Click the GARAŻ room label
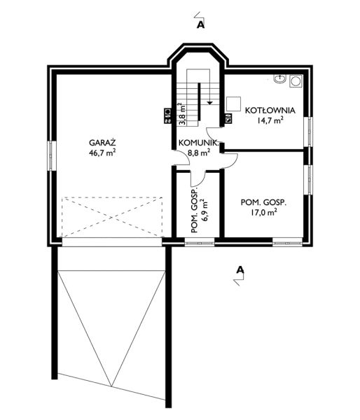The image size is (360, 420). tap(102, 142)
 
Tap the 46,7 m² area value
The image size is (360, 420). tap(102, 153)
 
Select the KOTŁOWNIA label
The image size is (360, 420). tap(270, 111)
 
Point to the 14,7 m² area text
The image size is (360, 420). tap(270, 120)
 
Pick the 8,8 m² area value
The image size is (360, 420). tap(199, 153)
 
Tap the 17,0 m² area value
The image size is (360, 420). tap(264, 213)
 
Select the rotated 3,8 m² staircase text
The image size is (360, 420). tap(182, 114)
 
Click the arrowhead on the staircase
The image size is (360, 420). tap(209, 103)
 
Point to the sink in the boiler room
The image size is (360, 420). tap(279, 78)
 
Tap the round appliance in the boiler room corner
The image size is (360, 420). tap(296, 80)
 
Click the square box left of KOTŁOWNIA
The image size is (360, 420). tap(234, 104)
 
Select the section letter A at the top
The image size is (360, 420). tap(201, 25)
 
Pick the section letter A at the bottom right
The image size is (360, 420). tap(240, 270)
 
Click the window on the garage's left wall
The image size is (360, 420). tap(52, 155)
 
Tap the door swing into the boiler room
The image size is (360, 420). tap(214, 132)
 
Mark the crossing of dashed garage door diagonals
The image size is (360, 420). tap(112, 217)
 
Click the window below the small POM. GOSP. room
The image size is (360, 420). tap(200, 243)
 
